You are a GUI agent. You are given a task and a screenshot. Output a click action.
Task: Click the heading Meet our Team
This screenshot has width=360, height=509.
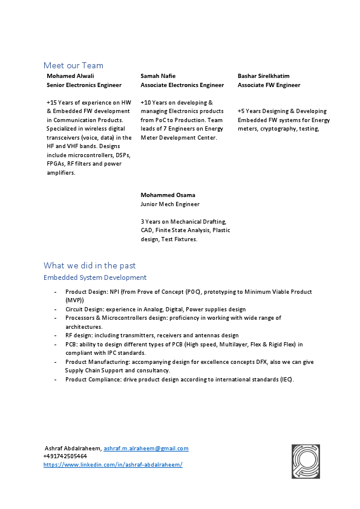pyautogui.click(x=73, y=65)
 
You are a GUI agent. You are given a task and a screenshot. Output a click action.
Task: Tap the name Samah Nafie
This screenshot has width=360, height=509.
pyautogui.click(x=158, y=76)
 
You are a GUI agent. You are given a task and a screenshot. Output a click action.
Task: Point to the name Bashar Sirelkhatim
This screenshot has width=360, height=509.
pyautogui.click(x=264, y=76)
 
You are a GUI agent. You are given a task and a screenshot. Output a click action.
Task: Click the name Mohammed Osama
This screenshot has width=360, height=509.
pyautogui.click(x=168, y=195)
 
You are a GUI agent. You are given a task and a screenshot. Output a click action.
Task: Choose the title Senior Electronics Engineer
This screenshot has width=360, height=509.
pyautogui.click(x=84, y=85)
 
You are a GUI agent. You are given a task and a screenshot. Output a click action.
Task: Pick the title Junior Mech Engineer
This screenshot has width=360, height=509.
pyautogui.click(x=170, y=204)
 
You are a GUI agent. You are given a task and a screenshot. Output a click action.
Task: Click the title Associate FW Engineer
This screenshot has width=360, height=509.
pyautogui.click(x=269, y=85)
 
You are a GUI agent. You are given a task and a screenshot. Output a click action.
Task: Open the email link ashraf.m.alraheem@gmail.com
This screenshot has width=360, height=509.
pyautogui.click(x=146, y=449)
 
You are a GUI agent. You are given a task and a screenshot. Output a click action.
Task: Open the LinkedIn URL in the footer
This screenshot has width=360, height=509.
pyautogui.click(x=113, y=464)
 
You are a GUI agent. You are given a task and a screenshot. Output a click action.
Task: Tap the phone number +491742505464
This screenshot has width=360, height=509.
pyautogui.click(x=65, y=456)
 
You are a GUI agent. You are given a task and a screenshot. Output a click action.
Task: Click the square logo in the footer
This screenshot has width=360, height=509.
pyautogui.click(x=306, y=461)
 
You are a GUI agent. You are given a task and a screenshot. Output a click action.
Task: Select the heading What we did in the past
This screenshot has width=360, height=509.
pyautogui.click(x=90, y=265)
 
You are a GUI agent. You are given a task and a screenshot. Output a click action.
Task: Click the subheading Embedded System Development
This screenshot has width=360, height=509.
pyautogui.click(x=95, y=277)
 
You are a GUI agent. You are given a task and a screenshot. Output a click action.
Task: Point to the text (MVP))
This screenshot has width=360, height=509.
pyautogui.click(x=74, y=300)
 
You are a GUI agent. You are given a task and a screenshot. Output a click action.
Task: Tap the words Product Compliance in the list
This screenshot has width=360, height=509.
pyautogui.click(x=90, y=380)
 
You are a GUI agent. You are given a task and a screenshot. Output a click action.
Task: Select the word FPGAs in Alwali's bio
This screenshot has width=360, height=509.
pyautogui.click(x=57, y=164)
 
